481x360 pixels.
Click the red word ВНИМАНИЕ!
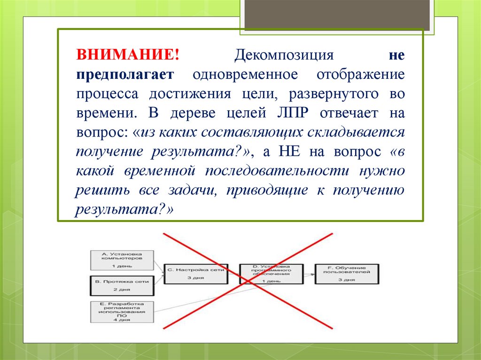tap(128, 55)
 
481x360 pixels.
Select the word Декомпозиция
tap(284, 55)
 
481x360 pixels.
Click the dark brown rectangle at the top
tap(337, 15)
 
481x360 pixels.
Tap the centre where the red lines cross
tap(248, 280)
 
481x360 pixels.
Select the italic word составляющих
tap(253, 132)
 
